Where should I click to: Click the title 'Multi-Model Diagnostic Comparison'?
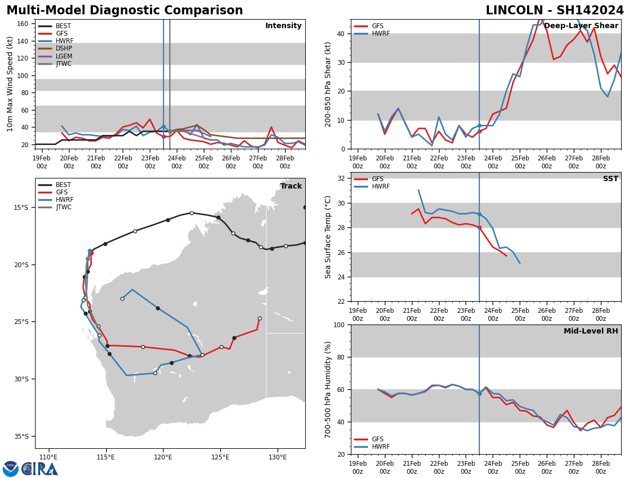tap(125, 11)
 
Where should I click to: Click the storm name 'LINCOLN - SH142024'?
tap(555, 11)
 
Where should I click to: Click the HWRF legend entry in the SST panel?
tap(381, 187)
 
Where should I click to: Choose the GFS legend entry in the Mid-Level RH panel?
tap(377, 439)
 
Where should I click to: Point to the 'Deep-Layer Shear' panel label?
tap(581, 26)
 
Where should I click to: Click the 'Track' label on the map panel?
tap(291, 186)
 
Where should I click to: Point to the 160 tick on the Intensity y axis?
tap(23, 24)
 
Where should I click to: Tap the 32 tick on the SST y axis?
tap(342, 178)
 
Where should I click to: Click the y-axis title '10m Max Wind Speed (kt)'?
tap(10, 84)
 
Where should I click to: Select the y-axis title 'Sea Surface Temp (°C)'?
tap(329, 237)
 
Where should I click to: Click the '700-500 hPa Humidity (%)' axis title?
tap(329, 389)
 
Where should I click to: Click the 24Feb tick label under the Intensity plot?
tap(177, 162)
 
